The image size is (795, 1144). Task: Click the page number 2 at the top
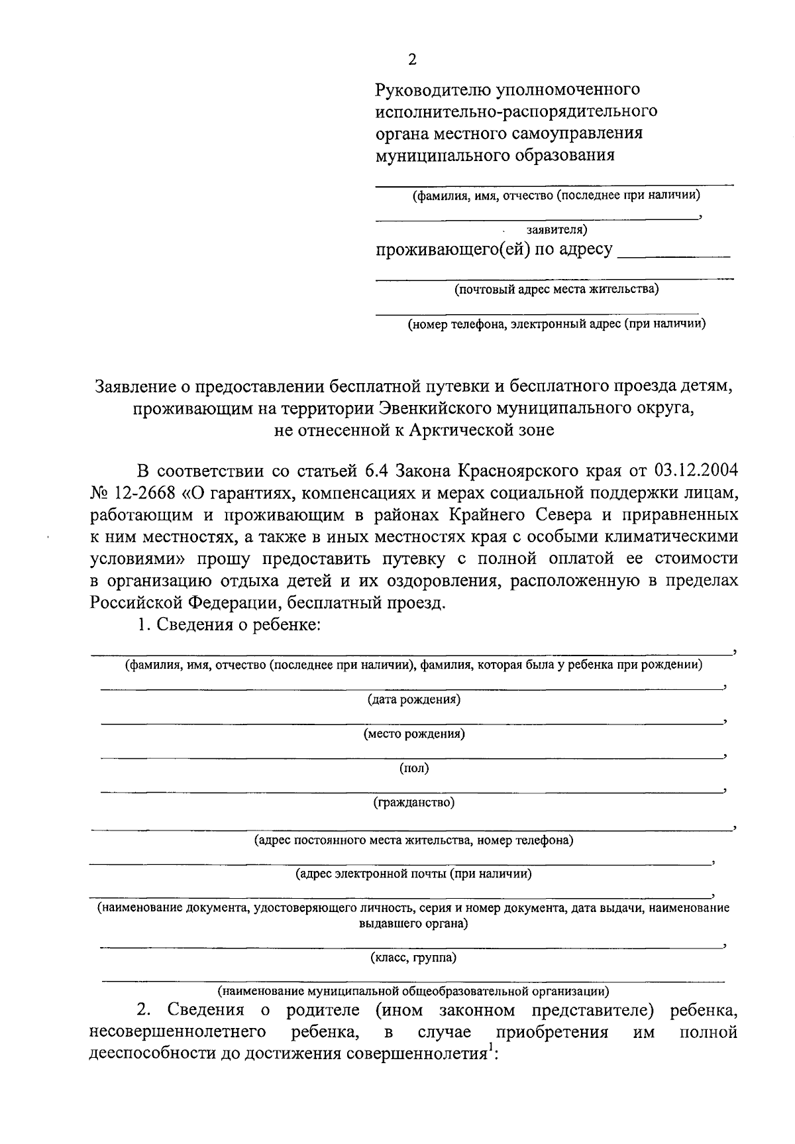(x=412, y=60)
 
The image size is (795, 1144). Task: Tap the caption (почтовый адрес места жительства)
(x=556, y=290)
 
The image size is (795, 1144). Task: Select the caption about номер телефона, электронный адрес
(x=556, y=324)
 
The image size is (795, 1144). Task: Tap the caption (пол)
(x=414, y=768)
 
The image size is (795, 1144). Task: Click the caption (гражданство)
(x=414, y=803)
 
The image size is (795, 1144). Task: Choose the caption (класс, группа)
(x=413, y=957)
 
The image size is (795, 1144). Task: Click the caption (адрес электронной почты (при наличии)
(x=413, y=874)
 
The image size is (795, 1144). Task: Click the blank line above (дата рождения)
(x=411, y=687)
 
